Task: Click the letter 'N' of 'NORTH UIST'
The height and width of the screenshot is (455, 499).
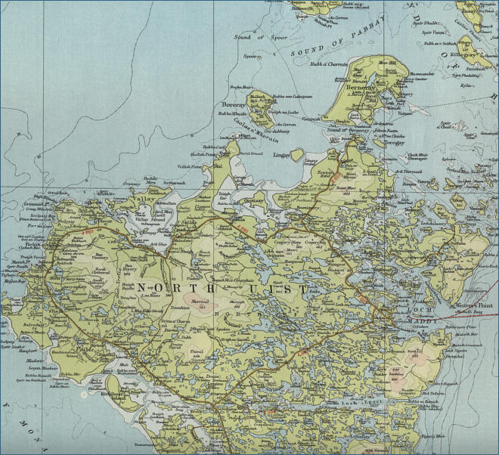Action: click(141, 288)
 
